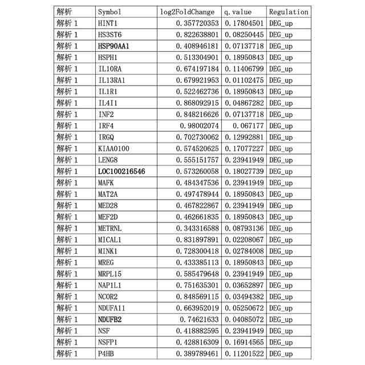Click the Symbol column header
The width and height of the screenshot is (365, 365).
(x=110, y=12)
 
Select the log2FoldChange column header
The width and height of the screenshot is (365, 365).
(x=188, y=12)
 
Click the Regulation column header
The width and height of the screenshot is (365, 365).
(x=289, y=12)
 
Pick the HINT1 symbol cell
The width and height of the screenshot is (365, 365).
(x=108, y=23)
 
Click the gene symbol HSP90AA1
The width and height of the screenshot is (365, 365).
(x=113, y=46)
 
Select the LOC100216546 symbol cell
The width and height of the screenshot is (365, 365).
(x=121, y=172)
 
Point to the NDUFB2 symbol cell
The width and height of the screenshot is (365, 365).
(x=110, y=320)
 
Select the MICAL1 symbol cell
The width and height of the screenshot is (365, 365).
(x=110, y=240)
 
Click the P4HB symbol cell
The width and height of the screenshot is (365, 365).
(x=107, y=354)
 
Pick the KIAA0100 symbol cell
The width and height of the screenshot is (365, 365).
(x=113, y=149)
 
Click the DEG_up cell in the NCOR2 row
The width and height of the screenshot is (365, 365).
(x=281, y=297)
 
